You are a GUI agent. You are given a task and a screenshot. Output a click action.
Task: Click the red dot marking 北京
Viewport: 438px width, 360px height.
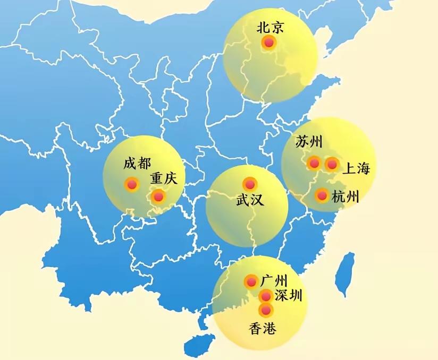tap(269, 42)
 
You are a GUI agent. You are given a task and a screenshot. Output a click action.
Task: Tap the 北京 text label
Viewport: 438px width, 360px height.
tap(269, 27)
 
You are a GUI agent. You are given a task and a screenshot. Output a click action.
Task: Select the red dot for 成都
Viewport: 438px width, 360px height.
tap(132, 185)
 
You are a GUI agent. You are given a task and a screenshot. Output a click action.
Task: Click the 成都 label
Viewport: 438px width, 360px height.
tap(137, 164)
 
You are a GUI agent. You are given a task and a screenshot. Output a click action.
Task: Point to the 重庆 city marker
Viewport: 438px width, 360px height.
tap(158, 197)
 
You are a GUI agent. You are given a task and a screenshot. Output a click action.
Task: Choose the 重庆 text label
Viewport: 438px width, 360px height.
tap(163, 179)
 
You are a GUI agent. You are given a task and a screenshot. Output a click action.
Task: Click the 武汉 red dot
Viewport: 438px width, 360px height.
tap(249, 184)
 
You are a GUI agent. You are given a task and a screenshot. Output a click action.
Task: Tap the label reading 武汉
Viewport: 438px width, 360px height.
tap(250, 201)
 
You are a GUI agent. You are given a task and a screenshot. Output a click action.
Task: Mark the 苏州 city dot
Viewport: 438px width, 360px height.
tap(314, 163)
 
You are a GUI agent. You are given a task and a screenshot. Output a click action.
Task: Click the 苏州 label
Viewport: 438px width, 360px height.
tap(309, 142)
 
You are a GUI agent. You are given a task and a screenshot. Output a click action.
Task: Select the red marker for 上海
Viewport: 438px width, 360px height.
tap(332, 165)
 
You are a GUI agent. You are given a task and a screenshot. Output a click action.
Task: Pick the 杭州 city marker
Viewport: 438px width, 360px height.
tap(322, 195)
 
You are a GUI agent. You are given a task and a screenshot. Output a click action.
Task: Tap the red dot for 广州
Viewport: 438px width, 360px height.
tap(251, 281)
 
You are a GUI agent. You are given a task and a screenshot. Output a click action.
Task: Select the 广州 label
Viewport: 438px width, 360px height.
tap(274, 280)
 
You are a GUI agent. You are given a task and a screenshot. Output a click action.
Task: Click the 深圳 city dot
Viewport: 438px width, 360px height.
tap(266, 296)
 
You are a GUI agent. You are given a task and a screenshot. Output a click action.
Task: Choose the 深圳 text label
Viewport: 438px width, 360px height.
tap(289, 296)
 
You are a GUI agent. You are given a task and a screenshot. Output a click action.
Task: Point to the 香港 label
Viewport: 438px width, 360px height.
tap(263, 329)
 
